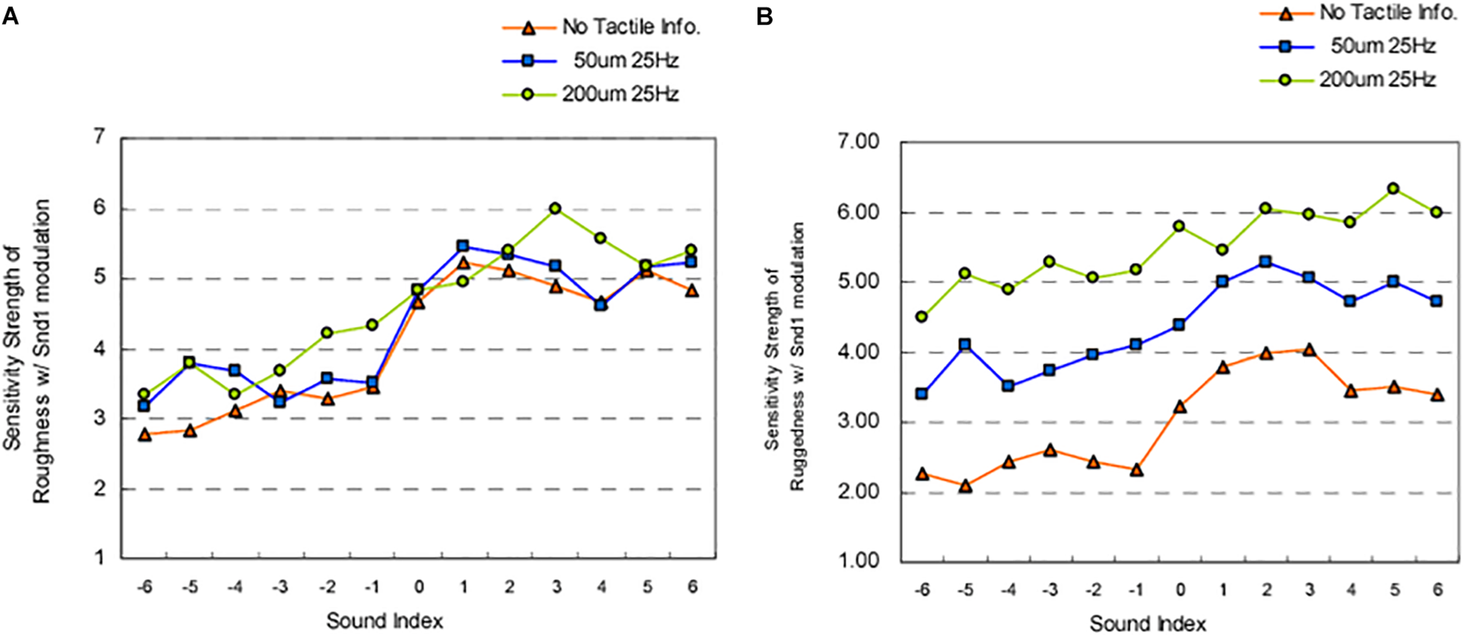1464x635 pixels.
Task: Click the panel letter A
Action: [x=11, y=16]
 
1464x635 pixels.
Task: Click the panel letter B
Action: [x=764, y=16]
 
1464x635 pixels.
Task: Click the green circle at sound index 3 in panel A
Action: [x=555, y=209]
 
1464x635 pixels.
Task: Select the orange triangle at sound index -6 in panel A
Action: [x=145, y=435]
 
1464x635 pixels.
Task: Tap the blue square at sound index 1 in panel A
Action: [x=463, y=246]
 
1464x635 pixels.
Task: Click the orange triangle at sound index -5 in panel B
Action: [x=966, y=486]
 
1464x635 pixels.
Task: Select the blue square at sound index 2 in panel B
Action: [x=1265, y=262]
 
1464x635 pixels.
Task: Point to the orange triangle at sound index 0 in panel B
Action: [x=1180, y=407]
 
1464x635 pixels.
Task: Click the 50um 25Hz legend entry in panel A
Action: [x=625, y=60]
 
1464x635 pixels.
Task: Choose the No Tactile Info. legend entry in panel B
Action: [x=1387, y=12]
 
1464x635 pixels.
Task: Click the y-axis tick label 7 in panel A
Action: [x=100, y=138]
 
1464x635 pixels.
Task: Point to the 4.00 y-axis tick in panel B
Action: [x=858, y=353]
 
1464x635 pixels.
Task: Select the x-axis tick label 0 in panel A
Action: [x=418, y=587]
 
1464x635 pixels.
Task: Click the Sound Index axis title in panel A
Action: [x=385, y=620]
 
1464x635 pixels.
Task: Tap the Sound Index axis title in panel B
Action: [x=1148, y=623]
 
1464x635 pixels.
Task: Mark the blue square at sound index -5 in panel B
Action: [x=965, y=344]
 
